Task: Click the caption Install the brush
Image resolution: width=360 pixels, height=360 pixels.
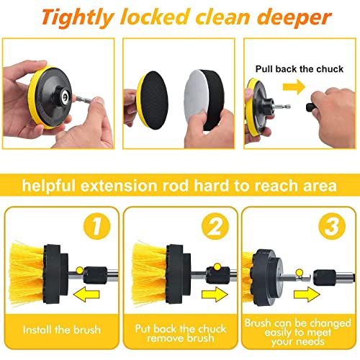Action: pyautogui.click(x=61, y=331)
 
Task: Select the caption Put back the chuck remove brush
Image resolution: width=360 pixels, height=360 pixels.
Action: pyautogui.click(x=179, y=330)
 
